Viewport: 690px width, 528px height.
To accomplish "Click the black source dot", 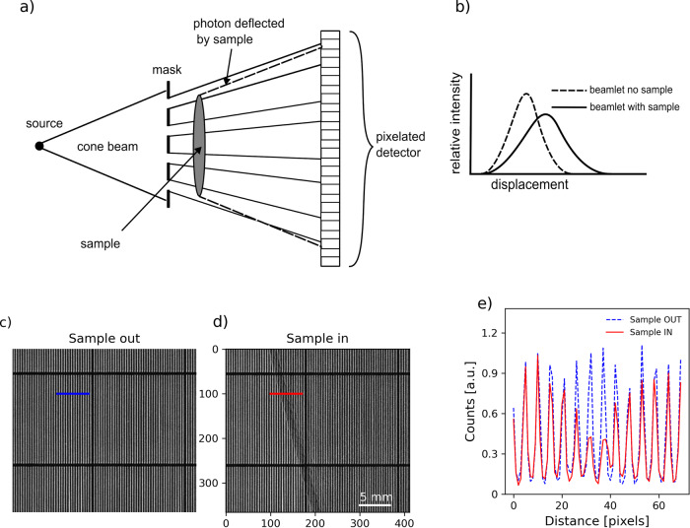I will click(39, 146).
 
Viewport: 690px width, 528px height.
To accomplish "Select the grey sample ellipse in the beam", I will click(201, 145).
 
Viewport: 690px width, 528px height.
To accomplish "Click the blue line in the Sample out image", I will click(72, 394).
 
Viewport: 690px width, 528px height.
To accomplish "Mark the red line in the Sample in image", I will click(286, 394).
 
